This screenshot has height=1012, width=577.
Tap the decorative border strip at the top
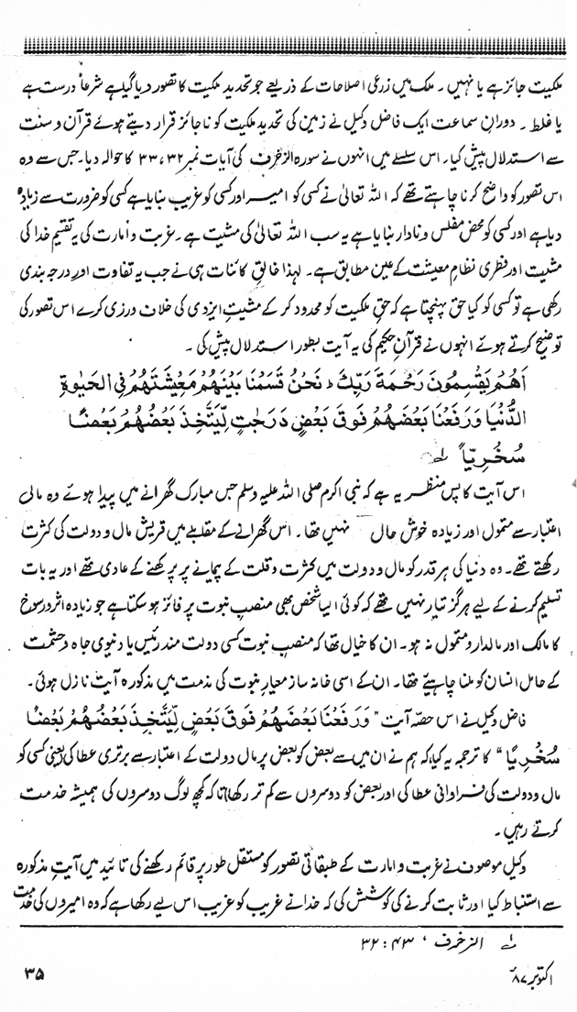point(288,41)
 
